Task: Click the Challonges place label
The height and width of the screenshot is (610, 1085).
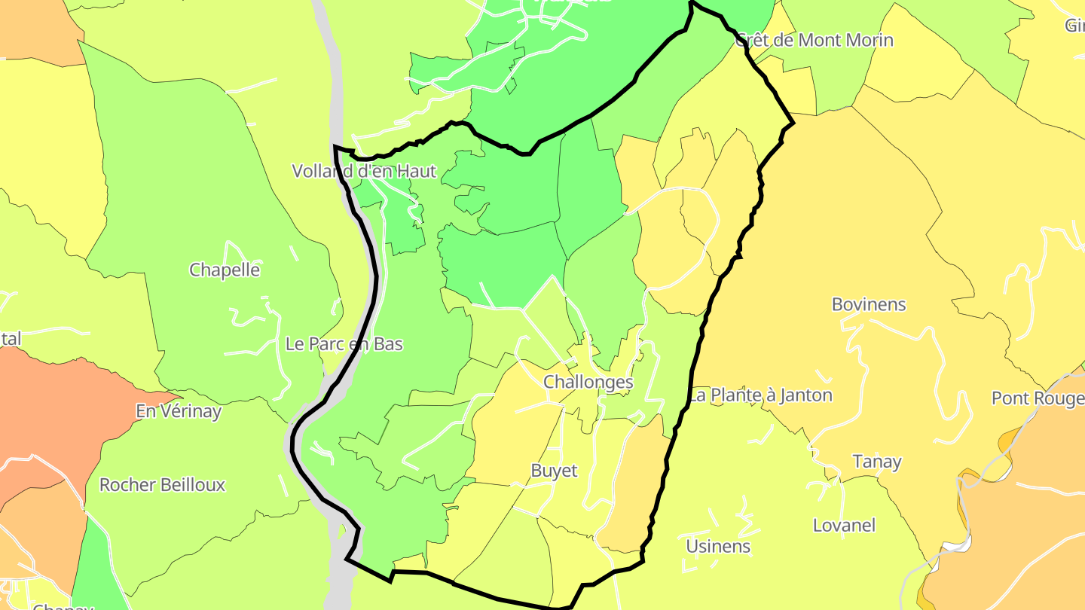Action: pos(588,382)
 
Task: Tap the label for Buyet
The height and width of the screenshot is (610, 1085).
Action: pos(554,471)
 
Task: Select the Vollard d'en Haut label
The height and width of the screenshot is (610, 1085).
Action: pos(364,171)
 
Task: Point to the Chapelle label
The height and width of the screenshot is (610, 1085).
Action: pos(225,270)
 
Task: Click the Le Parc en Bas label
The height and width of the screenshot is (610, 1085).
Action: pos(344,344)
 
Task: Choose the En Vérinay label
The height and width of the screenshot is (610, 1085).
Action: pos(179,411)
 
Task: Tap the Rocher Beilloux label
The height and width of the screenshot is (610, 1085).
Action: pos(162,484)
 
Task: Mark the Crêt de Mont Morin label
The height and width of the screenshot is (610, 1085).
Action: pos(815,40)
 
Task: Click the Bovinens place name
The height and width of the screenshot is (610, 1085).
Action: pos(869,304)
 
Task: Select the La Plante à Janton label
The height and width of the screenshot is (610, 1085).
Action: pos(761,395)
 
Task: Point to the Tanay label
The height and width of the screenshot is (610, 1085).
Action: pos(877,462)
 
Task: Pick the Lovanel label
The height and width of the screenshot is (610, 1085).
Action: pos(844,525)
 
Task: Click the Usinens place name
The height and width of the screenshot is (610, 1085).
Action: pos(718,546)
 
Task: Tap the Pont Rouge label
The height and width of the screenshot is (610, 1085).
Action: pos(1038,398)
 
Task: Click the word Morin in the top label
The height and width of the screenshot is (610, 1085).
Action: pos(866,40)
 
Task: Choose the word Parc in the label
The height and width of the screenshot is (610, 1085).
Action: pos(327,344)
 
